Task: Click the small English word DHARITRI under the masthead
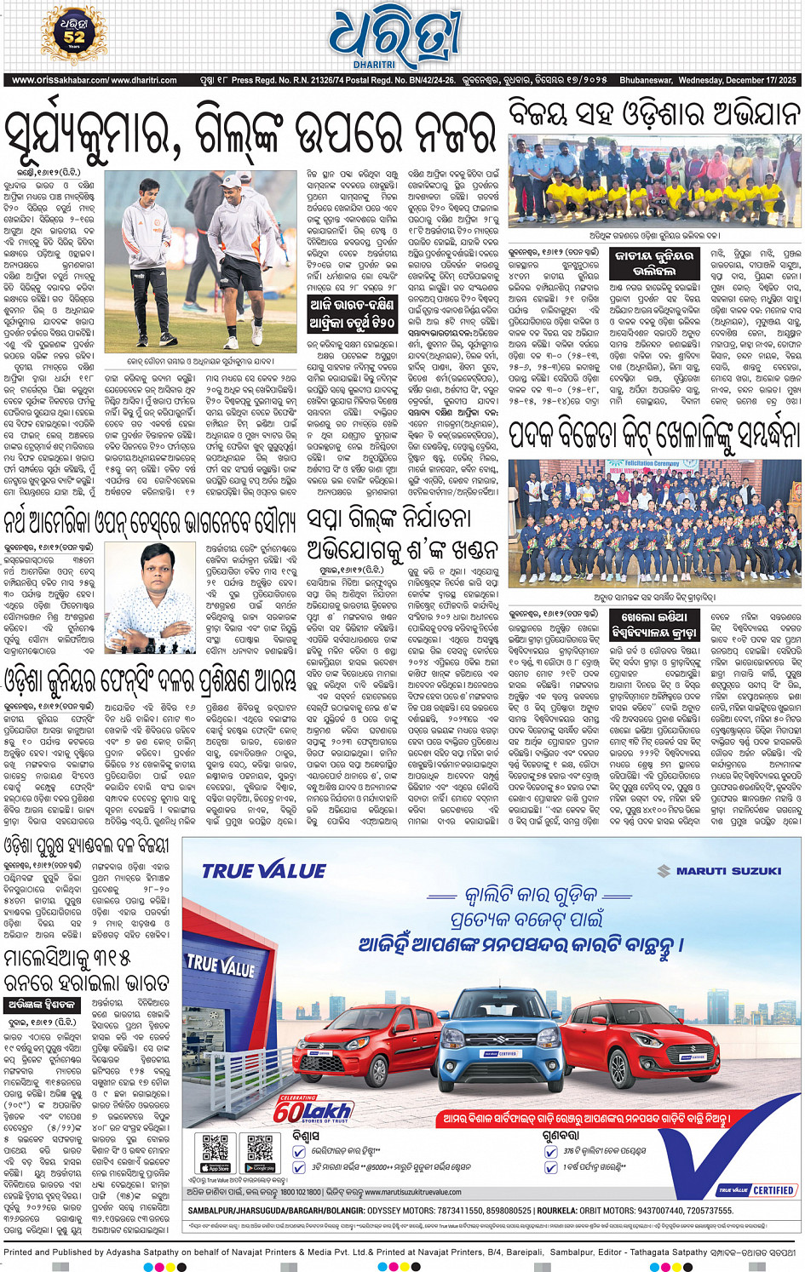coord(374,65)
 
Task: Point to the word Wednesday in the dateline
coord(701,81)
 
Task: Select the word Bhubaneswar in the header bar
coord(645,81)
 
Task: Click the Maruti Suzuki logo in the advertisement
coord(719,871)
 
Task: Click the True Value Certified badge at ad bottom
coord(756,1190)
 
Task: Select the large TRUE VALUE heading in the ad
coord(264,871)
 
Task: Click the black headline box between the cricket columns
coord(352,314)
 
